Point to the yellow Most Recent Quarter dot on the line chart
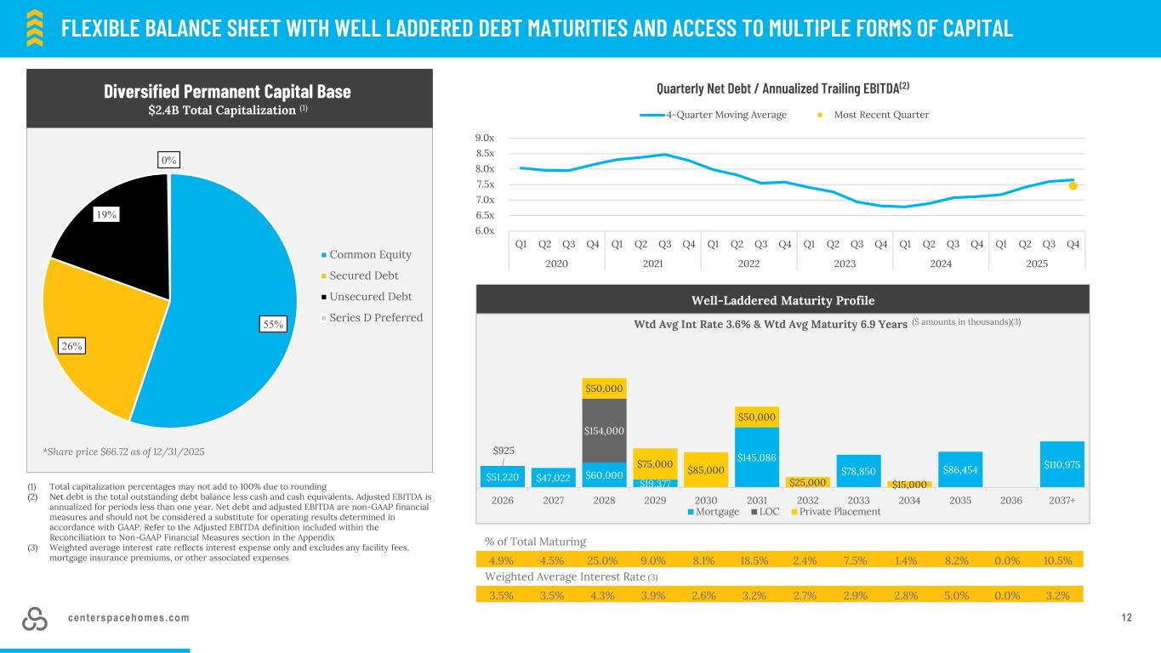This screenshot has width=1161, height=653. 1073,186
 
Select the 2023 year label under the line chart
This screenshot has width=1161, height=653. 845,264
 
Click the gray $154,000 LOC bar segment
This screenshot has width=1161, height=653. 604,430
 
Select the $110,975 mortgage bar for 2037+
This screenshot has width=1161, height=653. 1061,464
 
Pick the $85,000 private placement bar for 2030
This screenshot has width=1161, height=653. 706,470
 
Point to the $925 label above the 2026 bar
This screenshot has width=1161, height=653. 503,450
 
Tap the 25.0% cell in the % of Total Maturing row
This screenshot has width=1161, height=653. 604,559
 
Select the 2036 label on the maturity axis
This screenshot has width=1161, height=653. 1011,500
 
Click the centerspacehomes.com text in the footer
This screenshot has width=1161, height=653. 129,617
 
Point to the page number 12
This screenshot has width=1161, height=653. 1127,617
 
